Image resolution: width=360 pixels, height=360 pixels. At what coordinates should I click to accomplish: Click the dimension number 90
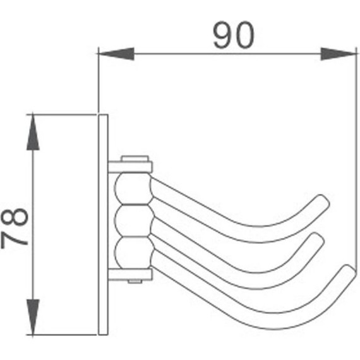(234, 36)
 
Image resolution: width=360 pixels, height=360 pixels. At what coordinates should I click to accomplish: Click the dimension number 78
(16, 225)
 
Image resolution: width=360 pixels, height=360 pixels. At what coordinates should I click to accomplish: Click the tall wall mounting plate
(104, 224)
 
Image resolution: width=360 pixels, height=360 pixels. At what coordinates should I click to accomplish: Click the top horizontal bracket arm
(130, 167)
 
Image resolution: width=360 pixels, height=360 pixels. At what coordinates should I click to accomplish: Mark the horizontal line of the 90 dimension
(227, 54)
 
